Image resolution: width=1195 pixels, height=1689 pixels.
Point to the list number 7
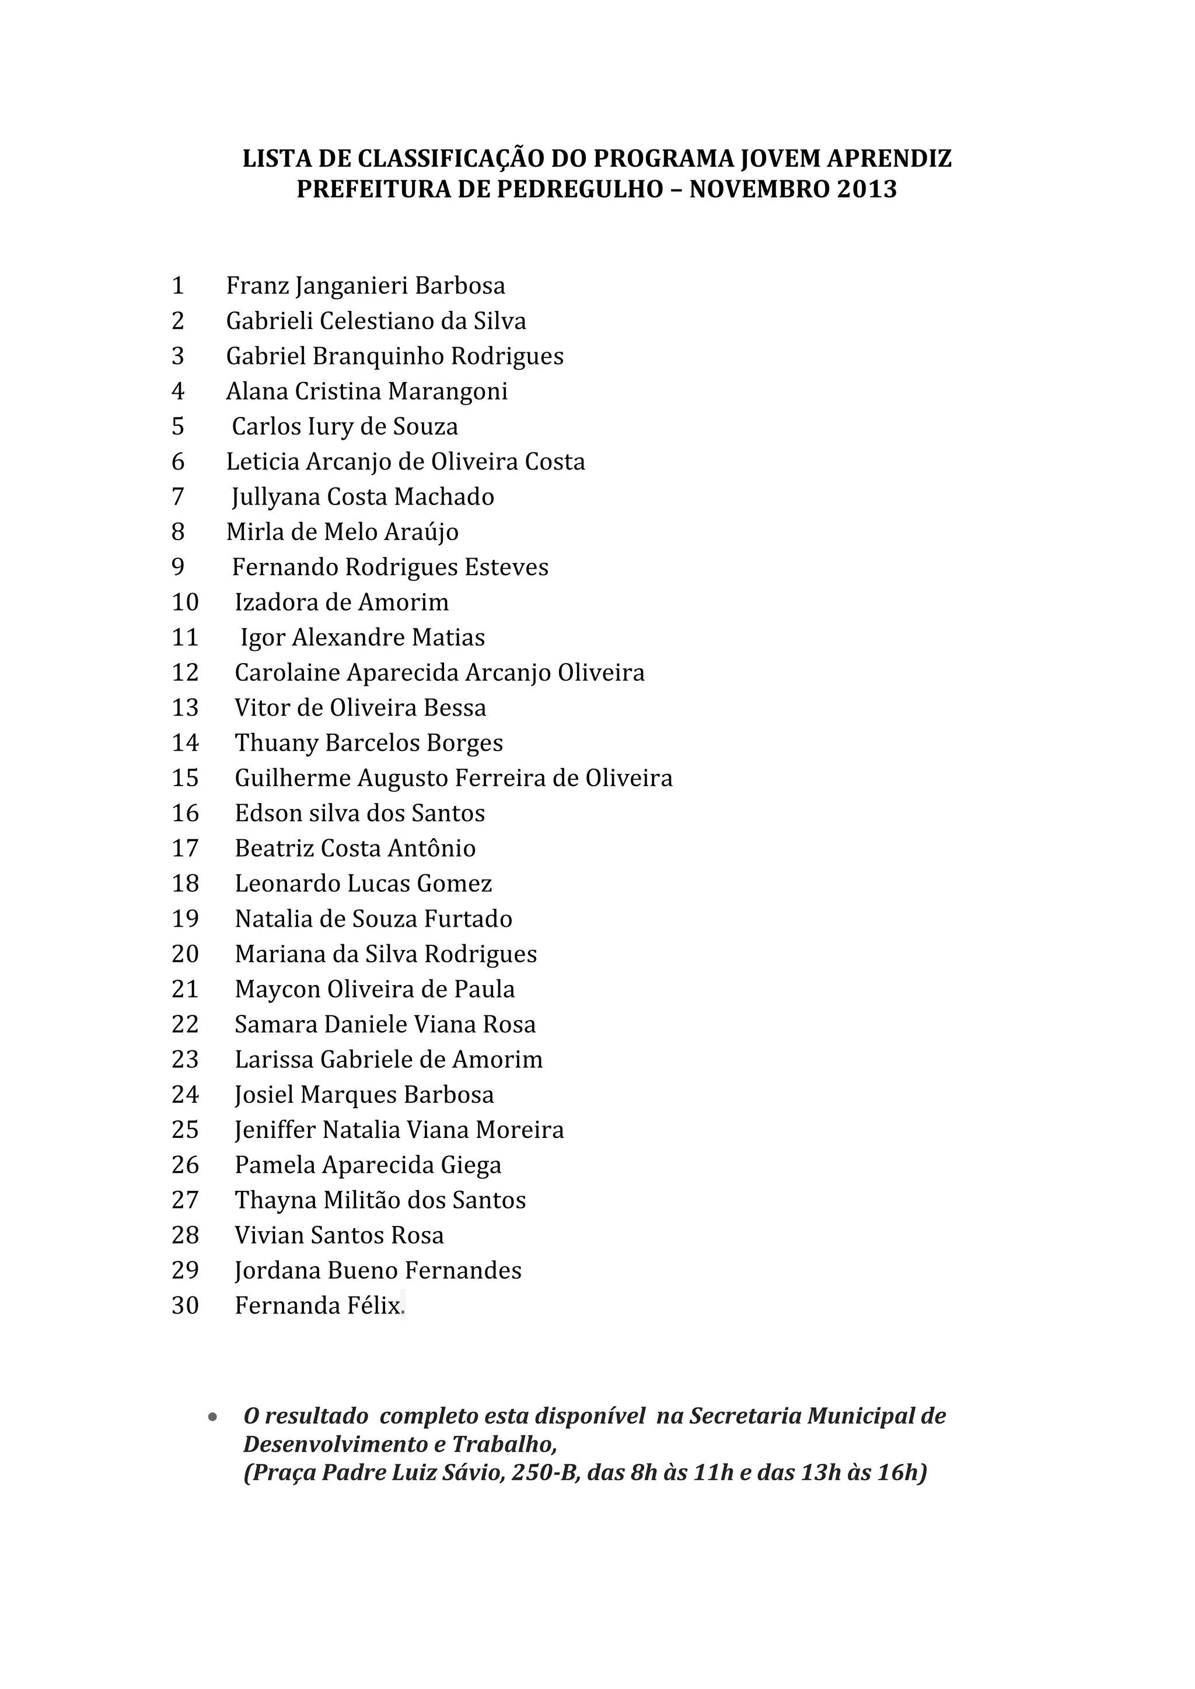(x=177, y=497)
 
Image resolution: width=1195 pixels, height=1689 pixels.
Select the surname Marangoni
(x=448, y=391)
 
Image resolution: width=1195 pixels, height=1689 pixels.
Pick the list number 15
(x=185, y=778)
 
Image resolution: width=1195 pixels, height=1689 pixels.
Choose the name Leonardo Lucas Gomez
(x=363, y=884)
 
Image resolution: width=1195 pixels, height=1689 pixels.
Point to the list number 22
(x=185, y=1025)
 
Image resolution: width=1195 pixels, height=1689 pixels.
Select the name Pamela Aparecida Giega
(x=368, y=1165)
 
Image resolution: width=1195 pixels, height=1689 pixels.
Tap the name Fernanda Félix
(x=318, y=1306)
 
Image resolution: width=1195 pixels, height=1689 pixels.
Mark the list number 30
(x=185, y=1306)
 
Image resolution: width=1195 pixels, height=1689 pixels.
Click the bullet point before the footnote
(x=212, y=1416)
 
